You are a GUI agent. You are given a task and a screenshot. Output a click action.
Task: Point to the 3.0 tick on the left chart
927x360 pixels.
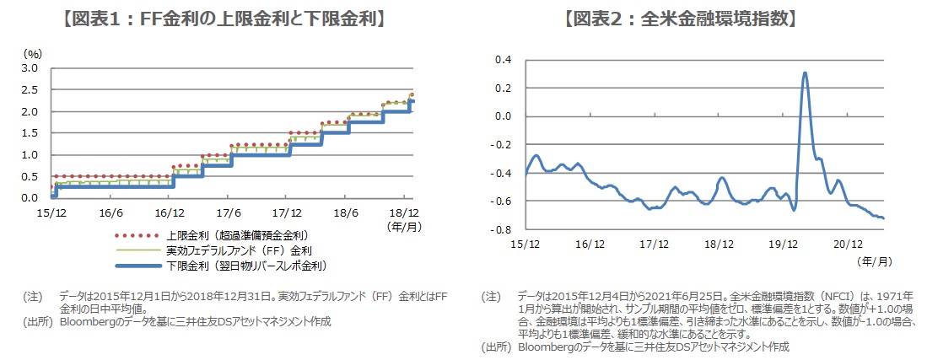point(30,68)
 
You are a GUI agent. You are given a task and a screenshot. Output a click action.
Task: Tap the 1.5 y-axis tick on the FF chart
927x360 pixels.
point(30,133)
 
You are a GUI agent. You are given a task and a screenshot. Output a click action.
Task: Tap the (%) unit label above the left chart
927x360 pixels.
point(31,53)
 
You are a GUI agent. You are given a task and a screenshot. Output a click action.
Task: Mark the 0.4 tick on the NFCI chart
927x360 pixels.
point(504,59)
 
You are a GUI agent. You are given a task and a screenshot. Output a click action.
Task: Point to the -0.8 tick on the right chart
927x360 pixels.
point(503,229)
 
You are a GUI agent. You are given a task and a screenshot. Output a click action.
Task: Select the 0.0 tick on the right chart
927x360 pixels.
point(504,116)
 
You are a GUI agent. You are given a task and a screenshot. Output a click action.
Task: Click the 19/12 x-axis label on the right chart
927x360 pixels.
point(783,244)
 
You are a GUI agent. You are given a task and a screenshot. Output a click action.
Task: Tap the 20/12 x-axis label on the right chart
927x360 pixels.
point(847,244)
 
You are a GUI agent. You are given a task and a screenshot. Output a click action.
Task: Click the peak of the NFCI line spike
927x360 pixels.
point(805,73)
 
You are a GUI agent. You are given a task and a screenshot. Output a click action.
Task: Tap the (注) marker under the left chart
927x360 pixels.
point(33,297)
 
